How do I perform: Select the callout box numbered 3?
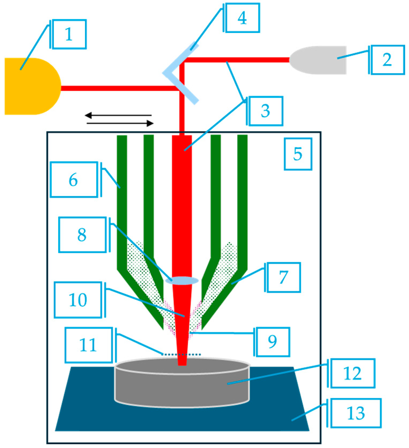tap(266, 111)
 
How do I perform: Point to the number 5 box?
tap(298, 154)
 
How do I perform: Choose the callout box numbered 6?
tap(74, 179)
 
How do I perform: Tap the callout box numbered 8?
tap(82, 235)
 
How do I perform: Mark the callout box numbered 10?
tap(78, 300)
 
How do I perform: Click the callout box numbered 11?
tap(88, 345)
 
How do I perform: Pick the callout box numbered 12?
tap(353, 373)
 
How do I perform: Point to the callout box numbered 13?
tap(356, 413)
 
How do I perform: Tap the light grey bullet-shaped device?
tap(318, 60)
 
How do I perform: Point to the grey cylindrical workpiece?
tap(182, 383)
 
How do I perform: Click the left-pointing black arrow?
tap(118, 115)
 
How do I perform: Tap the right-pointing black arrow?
tap(120, 123)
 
